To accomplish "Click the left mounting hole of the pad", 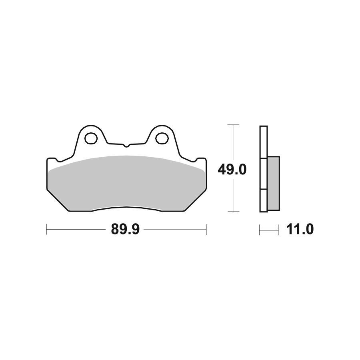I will [x=91, y=138].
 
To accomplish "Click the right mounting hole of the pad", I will [x=162, y=138].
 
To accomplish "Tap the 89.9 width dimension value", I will [x=125, y=230].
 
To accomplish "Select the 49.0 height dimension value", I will [x=232, y=170].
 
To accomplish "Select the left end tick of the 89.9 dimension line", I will [x=47, y=230].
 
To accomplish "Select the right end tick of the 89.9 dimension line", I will [x=206, y=230].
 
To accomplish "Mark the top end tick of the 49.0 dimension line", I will [x=233, y=125].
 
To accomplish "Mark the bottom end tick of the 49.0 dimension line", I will [x=233, y=211].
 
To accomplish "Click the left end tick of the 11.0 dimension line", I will [x=260, y=230].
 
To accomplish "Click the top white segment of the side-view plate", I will [x=263, y=142].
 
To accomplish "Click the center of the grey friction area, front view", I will [x=126, y=182].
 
